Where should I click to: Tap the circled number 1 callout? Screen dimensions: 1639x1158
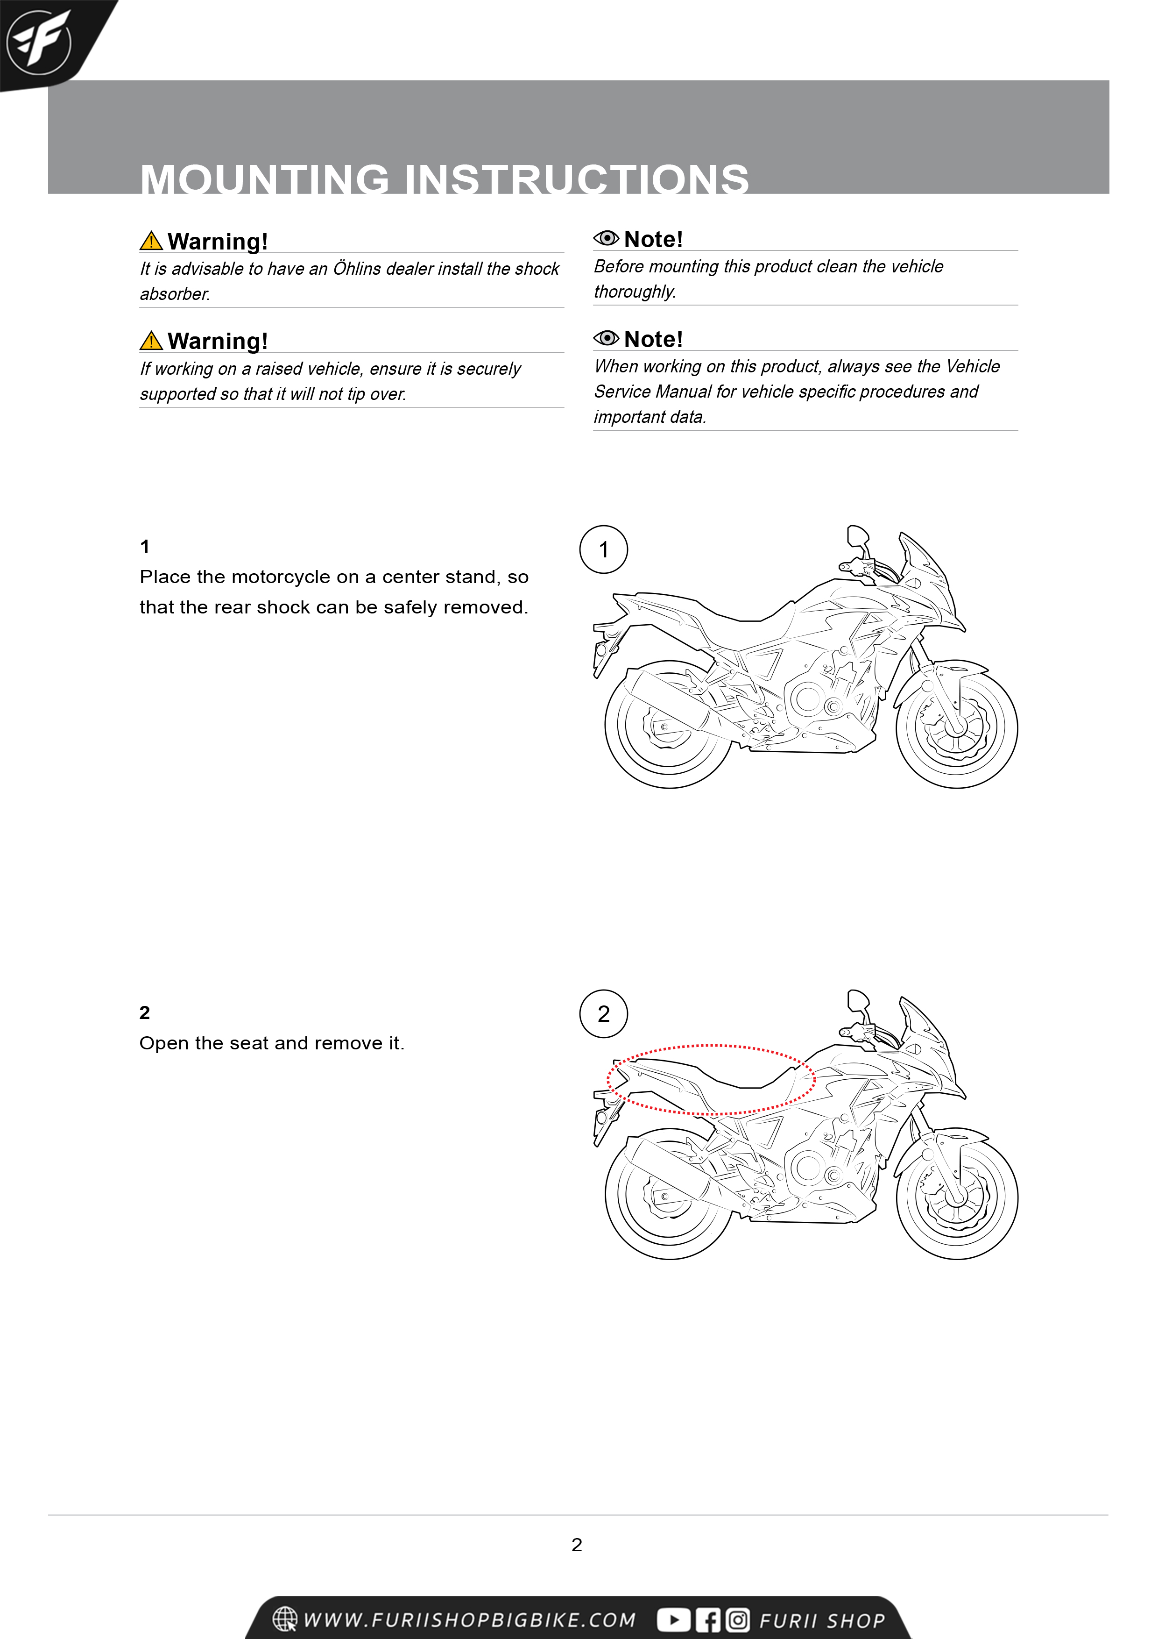coord(604,549)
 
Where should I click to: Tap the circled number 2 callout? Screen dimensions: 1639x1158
coord(604,1014)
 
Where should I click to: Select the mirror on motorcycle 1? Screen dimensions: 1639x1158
coord(858,535)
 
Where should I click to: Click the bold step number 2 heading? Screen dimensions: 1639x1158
coord(145,1013)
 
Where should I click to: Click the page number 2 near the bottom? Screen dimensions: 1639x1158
coord(577,1545)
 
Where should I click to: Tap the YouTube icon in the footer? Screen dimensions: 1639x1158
coord(673,1620)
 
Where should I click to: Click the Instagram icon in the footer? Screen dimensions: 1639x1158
coord(738,1620)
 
